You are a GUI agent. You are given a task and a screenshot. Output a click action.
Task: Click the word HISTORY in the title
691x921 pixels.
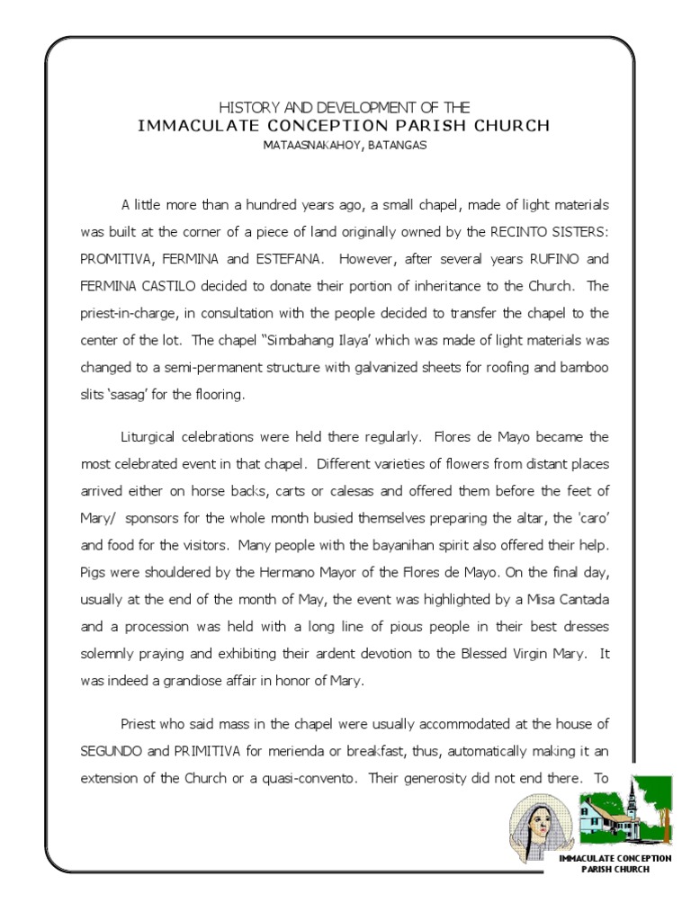point(245,108)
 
